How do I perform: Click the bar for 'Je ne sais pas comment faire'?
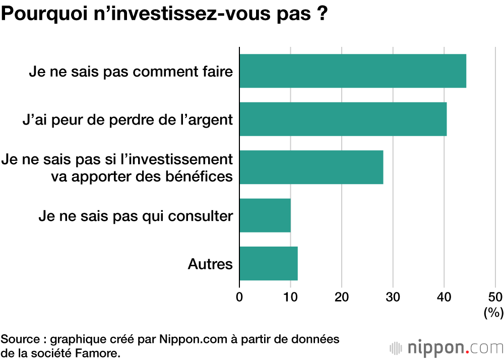(352, 71)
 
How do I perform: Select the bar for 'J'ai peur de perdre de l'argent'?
(343, 119)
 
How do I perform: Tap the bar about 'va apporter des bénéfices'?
(311, 167)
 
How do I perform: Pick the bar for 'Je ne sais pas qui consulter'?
(265, 215)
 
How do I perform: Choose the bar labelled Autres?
(268, 263)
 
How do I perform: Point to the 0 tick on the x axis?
(239, 296)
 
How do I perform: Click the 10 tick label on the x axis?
(290, 296)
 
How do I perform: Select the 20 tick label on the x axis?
(342, 296)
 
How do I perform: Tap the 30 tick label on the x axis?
(393, 296)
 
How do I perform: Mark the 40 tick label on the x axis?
(444, 296)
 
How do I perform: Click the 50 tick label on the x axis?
(495, 296)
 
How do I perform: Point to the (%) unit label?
(493, 313)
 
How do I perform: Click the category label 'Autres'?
(210, 264)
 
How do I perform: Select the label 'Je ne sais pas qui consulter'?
(136, 216)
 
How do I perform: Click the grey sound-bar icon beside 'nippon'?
(396, 348)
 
